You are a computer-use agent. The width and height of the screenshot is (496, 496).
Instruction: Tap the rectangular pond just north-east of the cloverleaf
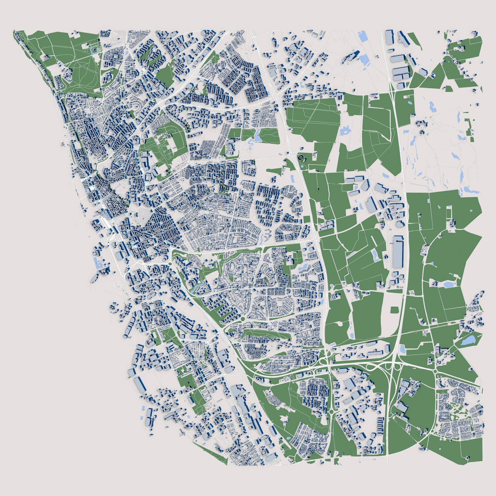pos(403,349)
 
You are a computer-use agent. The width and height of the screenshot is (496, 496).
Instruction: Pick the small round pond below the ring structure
pos(302,167)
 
